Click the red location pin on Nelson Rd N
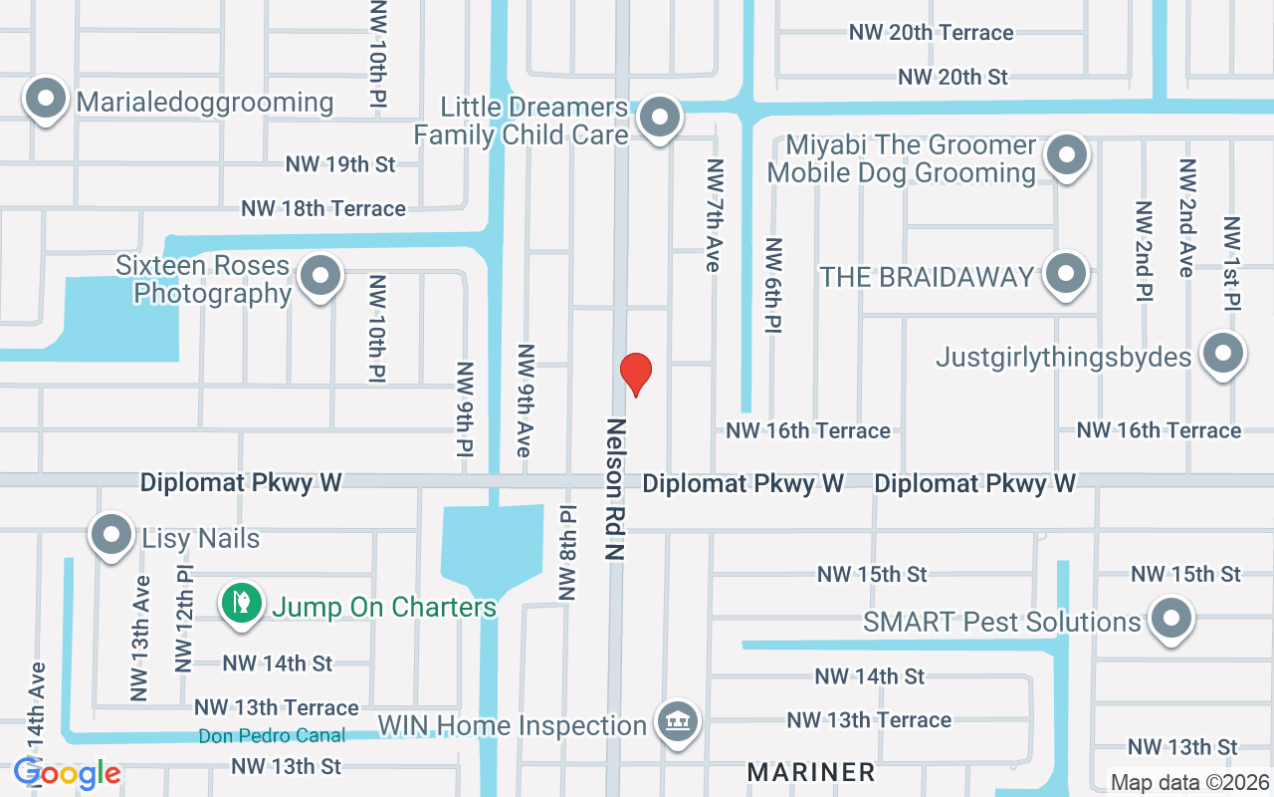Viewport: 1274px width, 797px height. [x=635, y=374]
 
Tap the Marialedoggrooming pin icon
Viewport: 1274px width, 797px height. [x=45, y=100]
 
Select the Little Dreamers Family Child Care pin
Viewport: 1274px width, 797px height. [x=658, y=119]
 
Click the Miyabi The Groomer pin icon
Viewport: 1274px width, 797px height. [x=1067, y=156]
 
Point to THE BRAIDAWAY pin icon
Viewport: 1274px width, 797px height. [x=1067, y=273]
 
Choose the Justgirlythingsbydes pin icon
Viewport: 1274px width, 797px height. [x=1223, y=355]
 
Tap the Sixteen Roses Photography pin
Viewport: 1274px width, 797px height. [x=320, y=277]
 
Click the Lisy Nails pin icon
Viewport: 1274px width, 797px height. [x=111, y=536]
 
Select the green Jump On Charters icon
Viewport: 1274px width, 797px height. [x=241, y=603]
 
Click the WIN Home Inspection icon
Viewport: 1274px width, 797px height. [x=678, y=721]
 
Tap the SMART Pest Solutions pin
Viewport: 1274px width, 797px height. [x=1171, y=619]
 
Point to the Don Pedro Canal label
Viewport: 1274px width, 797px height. [x=272, y=736]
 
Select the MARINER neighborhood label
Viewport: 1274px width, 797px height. [x=811, y=772]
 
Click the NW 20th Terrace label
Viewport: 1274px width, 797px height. [x=931, y=33]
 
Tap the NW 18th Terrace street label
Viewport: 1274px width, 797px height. [x=323, y=208]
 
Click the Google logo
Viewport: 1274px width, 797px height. [x=68, y=773]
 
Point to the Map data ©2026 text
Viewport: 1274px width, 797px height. [x=1189, y=783]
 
